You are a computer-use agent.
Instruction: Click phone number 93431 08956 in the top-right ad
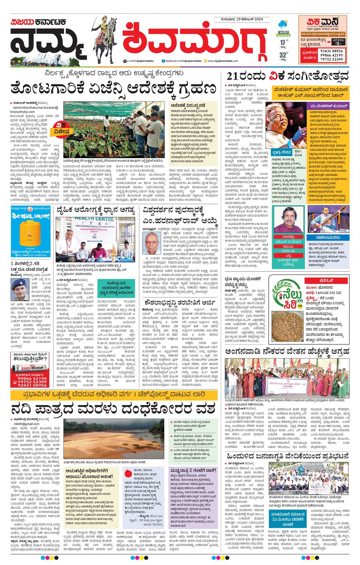331,51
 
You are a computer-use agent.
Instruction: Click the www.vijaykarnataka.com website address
223,61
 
